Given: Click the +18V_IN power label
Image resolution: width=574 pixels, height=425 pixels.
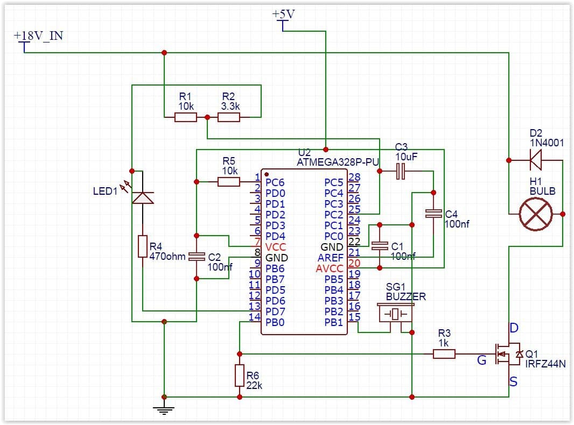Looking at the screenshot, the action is pyautogui.click(x=38, y=36).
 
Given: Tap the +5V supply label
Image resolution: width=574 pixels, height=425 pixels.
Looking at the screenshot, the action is pyautogui.click(x=283, y=15).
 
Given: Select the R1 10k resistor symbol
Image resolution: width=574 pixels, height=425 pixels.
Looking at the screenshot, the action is pyautogui.click(x=186, y=117).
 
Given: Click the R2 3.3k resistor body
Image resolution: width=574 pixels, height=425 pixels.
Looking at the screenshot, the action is pyautogui.click(x=229, y=117).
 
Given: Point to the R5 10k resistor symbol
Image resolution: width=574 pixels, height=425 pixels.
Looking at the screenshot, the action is pyautogui.click(x=229, y=182).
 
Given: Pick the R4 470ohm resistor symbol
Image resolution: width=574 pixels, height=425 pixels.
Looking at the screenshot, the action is pyautogui.click(x=143, y=246).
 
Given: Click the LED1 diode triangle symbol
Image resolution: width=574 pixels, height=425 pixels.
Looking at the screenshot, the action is pyautogui.click(x=143, y=198).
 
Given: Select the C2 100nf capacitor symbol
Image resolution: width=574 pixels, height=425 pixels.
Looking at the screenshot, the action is pyautogui.click(x=197, y=257).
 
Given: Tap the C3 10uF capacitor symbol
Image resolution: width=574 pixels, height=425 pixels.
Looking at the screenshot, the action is pyautogui.click(x=401, y=171).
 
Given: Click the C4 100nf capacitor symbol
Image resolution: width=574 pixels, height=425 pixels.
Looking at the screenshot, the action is pyautogui.click(x=433, y=214).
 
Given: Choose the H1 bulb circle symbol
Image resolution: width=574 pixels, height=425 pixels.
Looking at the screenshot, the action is pyautogui.click(x=536, y=214).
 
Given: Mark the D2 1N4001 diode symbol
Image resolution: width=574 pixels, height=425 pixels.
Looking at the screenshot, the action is pyautogui.click(x=536, y=160).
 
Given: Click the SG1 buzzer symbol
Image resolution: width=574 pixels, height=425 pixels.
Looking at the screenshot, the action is pyautogui.click(x=395, y=314).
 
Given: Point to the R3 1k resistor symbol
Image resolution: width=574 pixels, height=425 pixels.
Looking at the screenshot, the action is pyautogui.click(x=444, y=354).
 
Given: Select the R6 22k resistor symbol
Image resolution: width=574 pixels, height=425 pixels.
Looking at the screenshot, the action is pyautogui.click(x=240, y=376).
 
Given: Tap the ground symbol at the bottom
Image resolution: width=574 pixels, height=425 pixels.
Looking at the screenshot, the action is pyautogui.click(x=164, y=410).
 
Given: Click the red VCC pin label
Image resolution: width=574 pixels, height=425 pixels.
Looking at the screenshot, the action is pyautogui.click(x=275, y=247).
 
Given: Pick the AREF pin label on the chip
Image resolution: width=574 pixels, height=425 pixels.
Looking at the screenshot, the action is pyautogui.click(x=331, y=258).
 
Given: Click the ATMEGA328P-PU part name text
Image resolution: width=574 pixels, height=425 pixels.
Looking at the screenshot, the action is pyautogui.click(x=338, y=162).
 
